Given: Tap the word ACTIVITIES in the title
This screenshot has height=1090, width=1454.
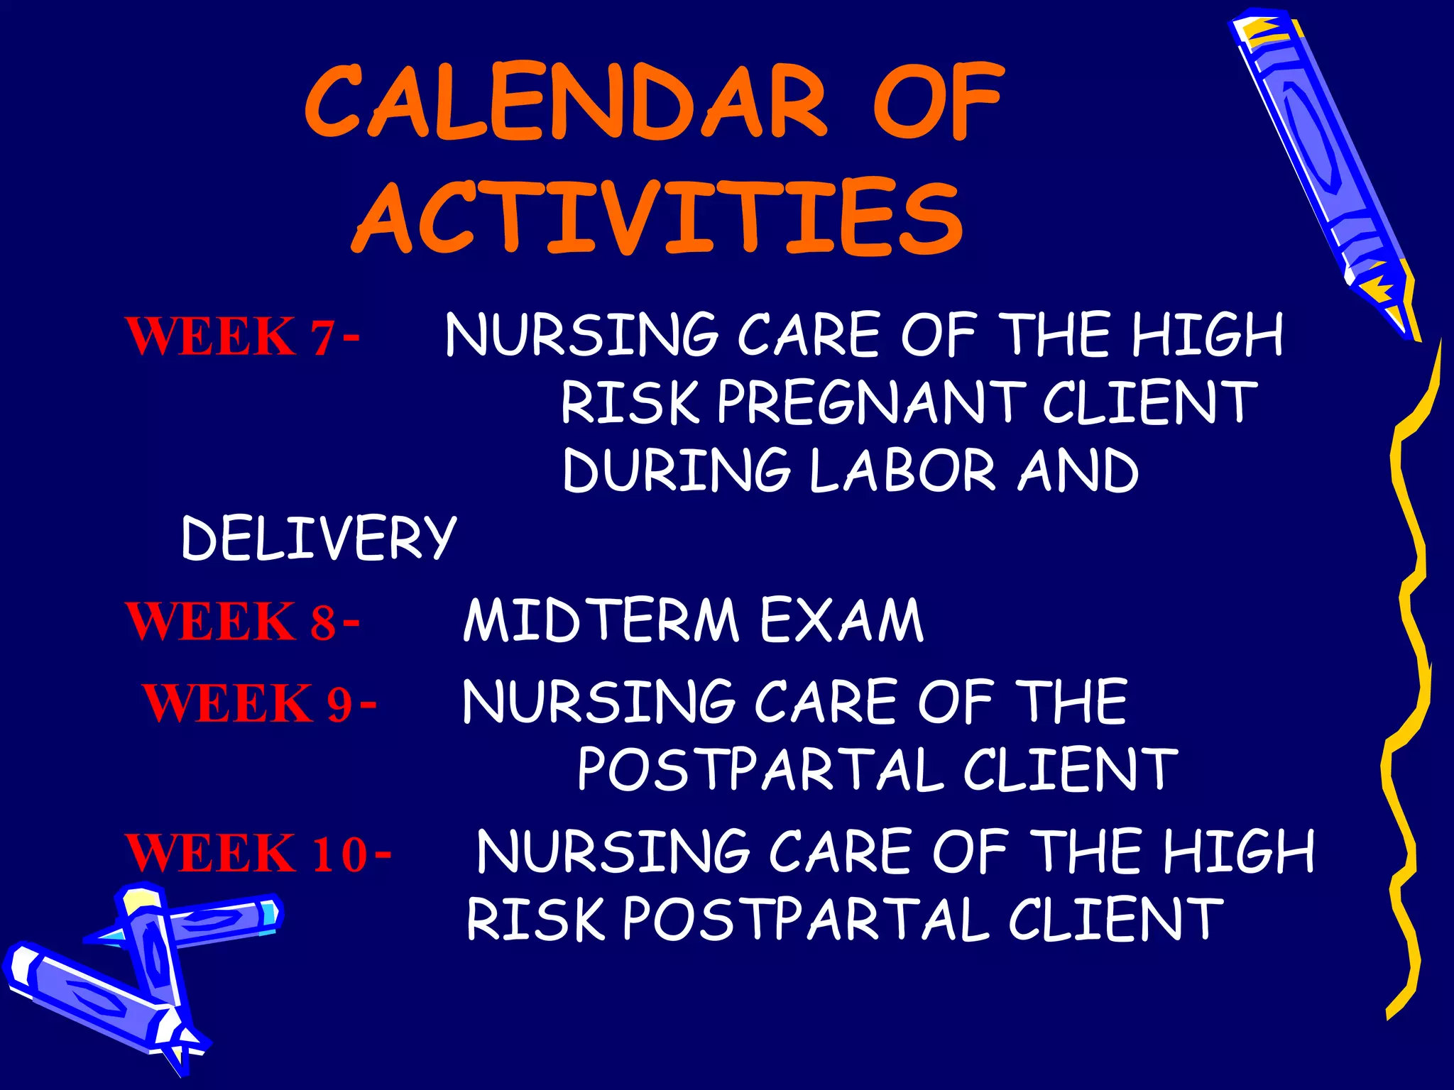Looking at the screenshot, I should [x=657, y=216].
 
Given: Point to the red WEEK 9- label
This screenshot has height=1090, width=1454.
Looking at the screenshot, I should [x=259, y=703].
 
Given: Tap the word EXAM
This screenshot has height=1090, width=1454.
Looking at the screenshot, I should [x=841, y=620].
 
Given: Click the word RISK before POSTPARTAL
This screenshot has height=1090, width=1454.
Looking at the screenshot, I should [x=537, y=920].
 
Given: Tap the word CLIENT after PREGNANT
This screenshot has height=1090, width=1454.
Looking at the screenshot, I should [x=1149, y=402].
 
